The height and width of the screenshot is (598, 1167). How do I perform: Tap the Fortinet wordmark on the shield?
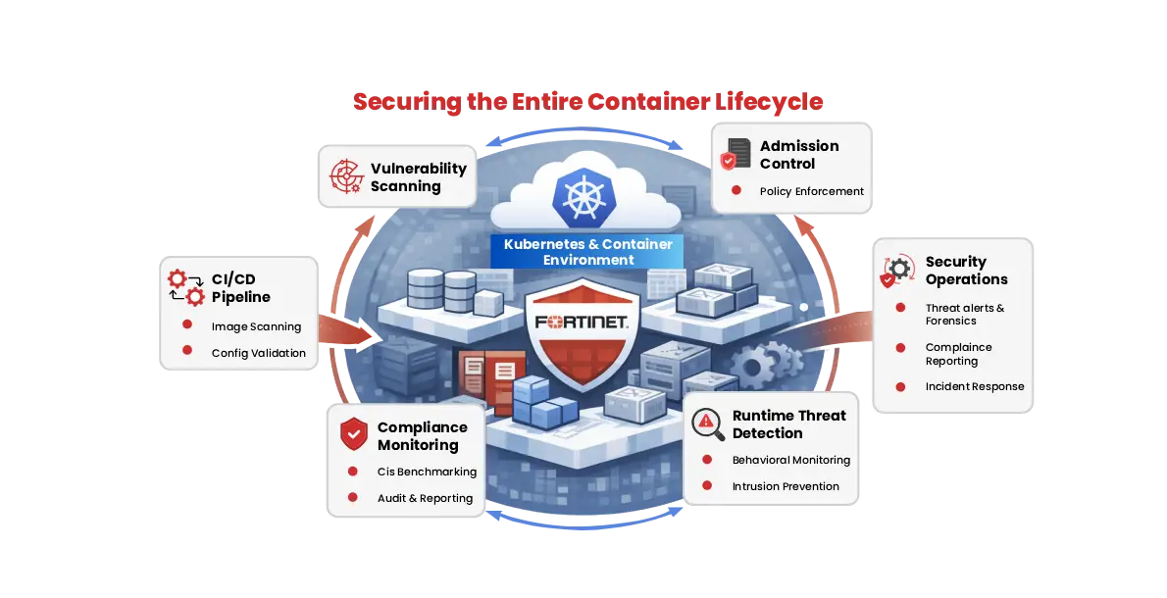pyautogui.click(x=583, y=323)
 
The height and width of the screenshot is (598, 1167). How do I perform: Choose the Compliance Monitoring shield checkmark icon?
pyautogui.click(x=353, y=434)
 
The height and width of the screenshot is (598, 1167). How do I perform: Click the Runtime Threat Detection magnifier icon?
pyautogui.click(x=707, y=424)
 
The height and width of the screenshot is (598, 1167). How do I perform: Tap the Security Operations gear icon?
pyautogui.click(x=897, y=271)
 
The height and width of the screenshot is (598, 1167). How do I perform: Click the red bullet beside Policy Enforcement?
pyautogui.click(x=736, y=191)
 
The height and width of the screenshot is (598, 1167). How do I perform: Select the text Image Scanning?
pyautogui.click(x=256, y=326)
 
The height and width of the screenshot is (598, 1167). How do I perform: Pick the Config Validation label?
pyautogui.click(x=259, y=353)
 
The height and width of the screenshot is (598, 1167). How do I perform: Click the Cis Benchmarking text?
pyautogui.click(x=427, y=472)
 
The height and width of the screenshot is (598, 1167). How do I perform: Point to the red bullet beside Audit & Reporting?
pyautogui.click(x=353, y=498)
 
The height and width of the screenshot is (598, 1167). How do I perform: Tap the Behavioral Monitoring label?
pyautogui.click(x=790, y=460)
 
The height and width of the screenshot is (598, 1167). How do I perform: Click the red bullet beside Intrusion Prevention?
pyautogui.click(x=707, y=486)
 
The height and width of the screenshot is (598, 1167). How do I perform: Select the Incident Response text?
pyautogui.click(x=974, y=386)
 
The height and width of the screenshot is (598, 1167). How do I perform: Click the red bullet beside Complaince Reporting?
pyautogui.click(x=900, y=348)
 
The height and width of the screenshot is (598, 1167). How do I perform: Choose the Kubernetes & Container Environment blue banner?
pyautogui.click(x=587, y=252)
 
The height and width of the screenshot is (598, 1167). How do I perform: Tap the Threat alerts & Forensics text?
pyautogui.click(x=964, y=314)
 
